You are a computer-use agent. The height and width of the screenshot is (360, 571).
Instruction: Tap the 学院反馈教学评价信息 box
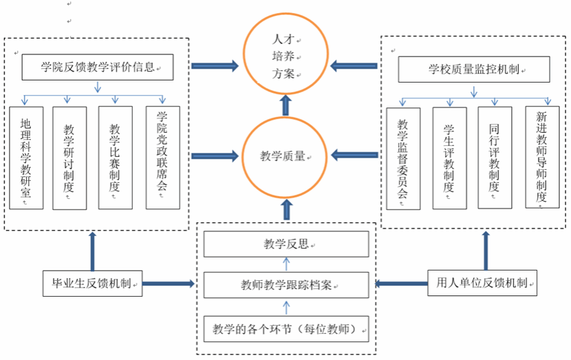pyautogui.click(x=97, y=67)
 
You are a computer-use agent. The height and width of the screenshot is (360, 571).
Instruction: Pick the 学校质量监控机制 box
pyautogui.click(x=474, y=69)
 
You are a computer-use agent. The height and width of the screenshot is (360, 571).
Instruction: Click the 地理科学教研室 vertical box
pyautogui.click(x=27, y=158)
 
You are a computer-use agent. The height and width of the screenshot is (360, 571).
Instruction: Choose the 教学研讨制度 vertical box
pyautogui.click(x=69, y=158)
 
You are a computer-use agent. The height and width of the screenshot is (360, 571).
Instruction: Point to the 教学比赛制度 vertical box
pyautogui.click(x=115, y=158)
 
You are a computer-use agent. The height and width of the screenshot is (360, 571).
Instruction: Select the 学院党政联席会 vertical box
pyautogui.click(x=163, y=158)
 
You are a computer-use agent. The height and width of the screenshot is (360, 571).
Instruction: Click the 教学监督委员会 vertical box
pyautogui.click(x=403, y=158)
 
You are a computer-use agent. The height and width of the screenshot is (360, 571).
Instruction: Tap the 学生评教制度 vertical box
pyautogui.click(x=449, y=158)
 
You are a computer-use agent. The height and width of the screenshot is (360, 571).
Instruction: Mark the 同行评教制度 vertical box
pyautogui.click(x=495, y=158)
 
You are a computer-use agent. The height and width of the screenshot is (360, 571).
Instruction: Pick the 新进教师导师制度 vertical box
pyautogui.click(x=541, y=157)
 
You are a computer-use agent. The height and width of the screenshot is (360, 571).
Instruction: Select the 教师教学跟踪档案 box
pyautogui.click(x=286, y=284)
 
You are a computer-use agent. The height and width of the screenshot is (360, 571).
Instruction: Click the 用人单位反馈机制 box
pyautogui.click(x=482, y=282)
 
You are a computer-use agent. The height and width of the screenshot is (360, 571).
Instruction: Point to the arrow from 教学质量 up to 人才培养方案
pyautogui.click(x=285, y=105)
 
